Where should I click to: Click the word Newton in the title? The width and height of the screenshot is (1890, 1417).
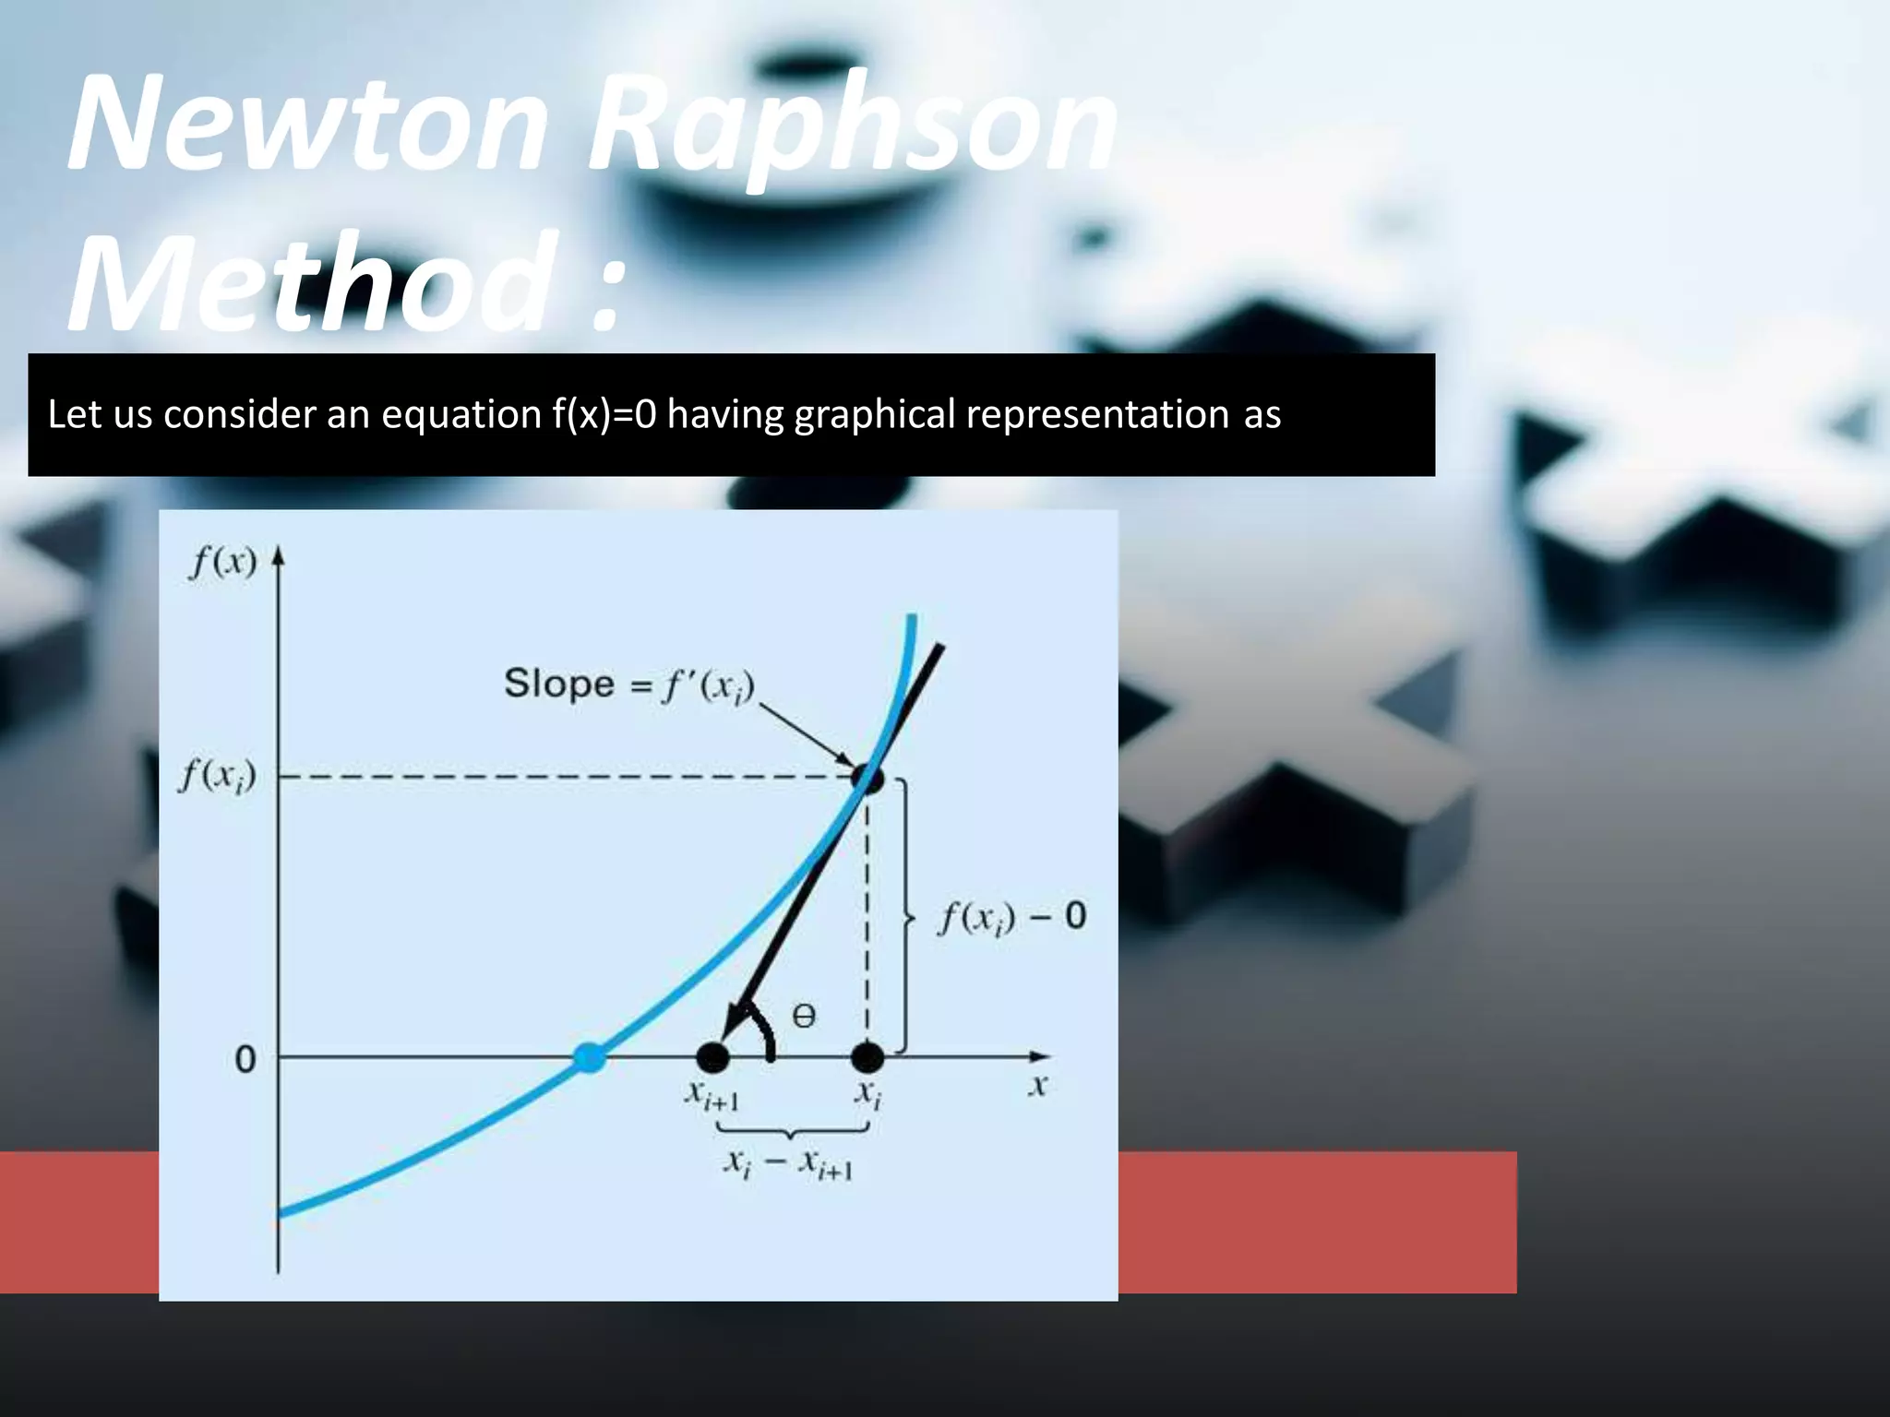pyautogui.click(x=309, y=125)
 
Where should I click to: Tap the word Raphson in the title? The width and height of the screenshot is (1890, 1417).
pyautogui.click(x=854, y=129)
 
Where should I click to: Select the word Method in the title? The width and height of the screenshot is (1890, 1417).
pyautogui.click(x=314, y=281)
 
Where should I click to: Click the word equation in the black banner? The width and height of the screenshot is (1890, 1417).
pyautogui.click(x=461, y=414)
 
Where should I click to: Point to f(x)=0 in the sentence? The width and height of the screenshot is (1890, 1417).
pyautogui.click(x=604, y=414)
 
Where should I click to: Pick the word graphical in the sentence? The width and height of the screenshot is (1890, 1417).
pyautogui.click(x=874, y=414)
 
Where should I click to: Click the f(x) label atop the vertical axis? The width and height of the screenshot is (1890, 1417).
pyautogui.click(x=222, y=561)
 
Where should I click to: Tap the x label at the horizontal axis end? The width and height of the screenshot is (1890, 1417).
pyautogui.click(x=1038, y=1086)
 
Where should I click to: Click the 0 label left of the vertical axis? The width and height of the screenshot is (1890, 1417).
pyautogui.click(x=245, y=1059)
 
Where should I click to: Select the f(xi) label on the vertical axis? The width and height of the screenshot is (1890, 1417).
pyautogui.click(x=217, y=776)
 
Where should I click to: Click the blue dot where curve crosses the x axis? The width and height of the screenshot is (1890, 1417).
pyautogui.click(x=590, y=1057)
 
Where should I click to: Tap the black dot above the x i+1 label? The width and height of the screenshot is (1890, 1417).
pyautogui.click(x=712, y=1057)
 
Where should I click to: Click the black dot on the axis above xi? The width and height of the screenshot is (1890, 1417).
pyautogui.click(x=867, y=1057)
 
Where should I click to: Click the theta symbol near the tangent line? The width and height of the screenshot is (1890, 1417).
pyautogui.click(x=804, y=1017)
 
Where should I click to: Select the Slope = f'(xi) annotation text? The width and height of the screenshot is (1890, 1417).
pyautogui.click(x=629, y=685)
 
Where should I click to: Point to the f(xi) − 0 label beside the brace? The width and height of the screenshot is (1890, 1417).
pyautogui.click(x=1012, y=917)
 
